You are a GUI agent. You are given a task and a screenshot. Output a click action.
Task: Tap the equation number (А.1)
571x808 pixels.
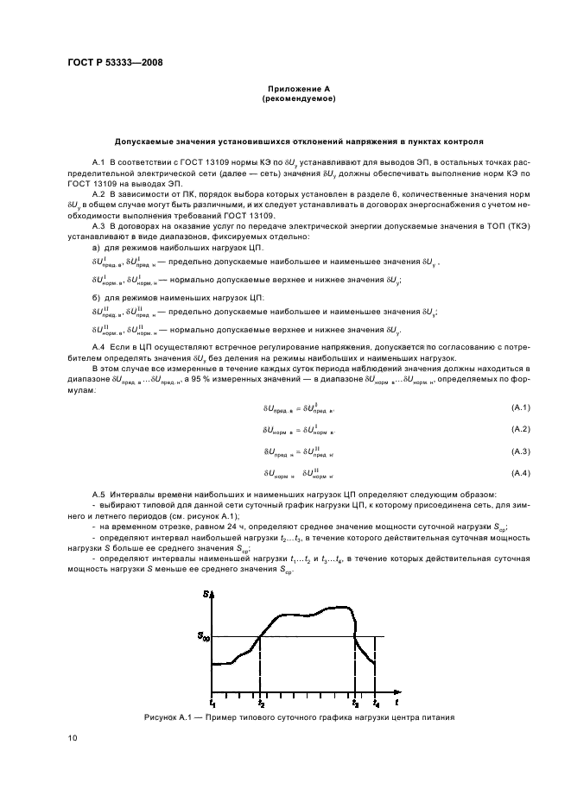(x=518, y=407)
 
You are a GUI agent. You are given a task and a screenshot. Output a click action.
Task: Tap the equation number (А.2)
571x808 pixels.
(x=518, y=429)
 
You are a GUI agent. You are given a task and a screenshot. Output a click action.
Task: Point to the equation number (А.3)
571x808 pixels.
(x=518, y=451)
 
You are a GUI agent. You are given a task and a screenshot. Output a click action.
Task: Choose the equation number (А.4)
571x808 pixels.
(x=518, y=474)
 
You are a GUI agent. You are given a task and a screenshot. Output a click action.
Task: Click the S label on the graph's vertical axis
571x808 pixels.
(x=208, y=594)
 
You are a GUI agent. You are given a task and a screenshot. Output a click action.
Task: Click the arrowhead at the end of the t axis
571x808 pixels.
(x=397, y=691)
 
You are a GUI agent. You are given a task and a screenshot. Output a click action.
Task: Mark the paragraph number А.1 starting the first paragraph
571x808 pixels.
(x=98, y=162)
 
